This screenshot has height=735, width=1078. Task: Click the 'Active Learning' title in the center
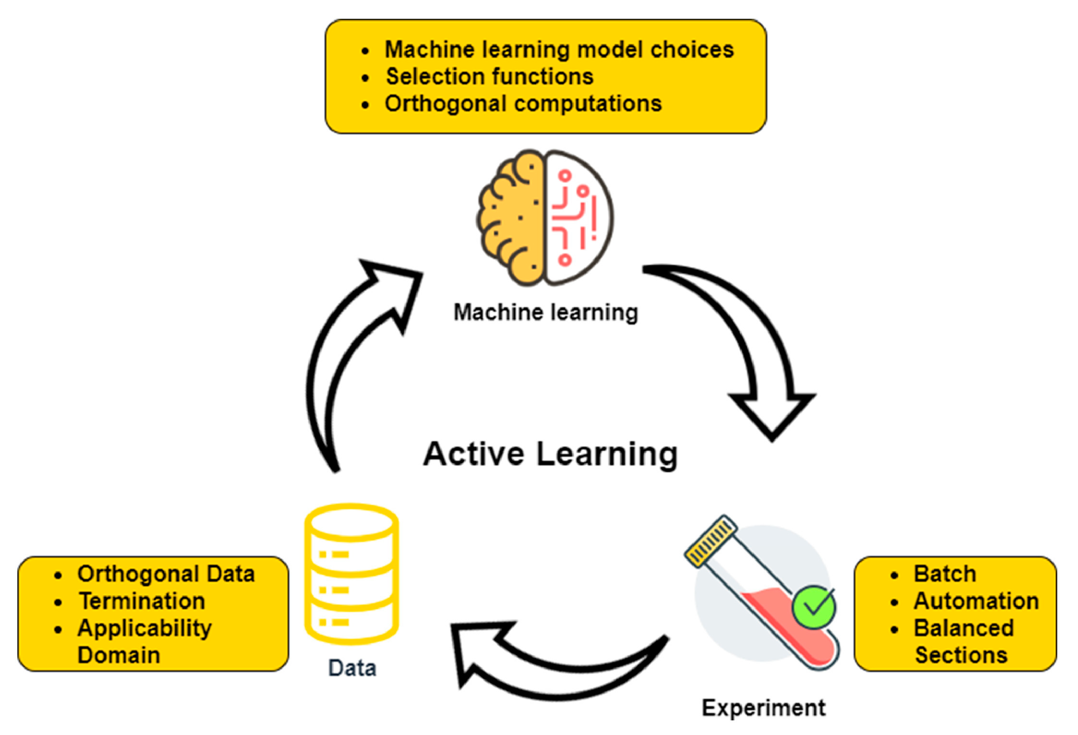(x=550, y=454)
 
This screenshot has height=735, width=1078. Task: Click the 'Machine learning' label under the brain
(x=545, y=312)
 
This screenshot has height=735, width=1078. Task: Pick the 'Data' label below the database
(x=352, y=668)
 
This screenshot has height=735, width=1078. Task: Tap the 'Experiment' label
(x=764, y=708)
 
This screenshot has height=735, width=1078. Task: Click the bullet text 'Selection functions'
(x=489, y=76)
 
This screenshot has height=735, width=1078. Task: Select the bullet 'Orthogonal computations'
(x=523, y=104)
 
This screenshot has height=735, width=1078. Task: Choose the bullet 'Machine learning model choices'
(x=559, y=50)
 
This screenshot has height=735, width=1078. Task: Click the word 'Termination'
(x=142, y=601)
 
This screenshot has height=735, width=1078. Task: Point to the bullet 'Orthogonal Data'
(x=166, y=574)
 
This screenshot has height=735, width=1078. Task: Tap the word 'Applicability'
(x=144, y=628)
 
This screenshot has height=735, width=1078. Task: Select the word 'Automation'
(x=976, y=601)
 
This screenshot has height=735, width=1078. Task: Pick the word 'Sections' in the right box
(x=961, y=655)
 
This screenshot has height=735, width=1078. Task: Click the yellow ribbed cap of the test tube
(x=710, y=541)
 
